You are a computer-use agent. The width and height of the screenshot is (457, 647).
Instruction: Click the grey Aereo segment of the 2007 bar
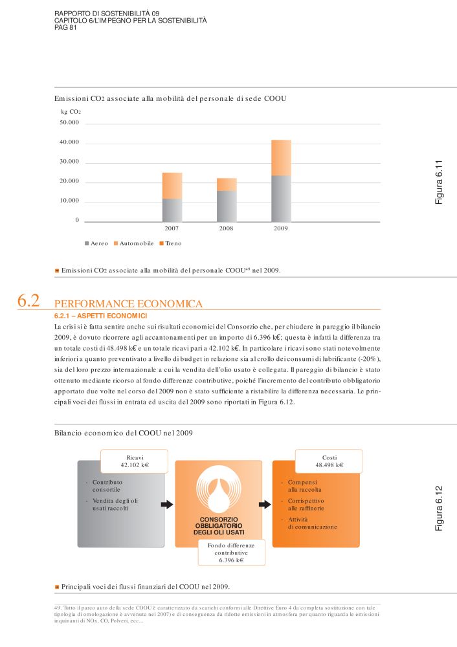coord(172,210)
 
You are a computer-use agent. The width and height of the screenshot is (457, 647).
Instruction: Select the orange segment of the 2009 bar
coord(281,158)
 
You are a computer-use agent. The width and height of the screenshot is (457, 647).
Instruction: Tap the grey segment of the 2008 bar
coord(226,206)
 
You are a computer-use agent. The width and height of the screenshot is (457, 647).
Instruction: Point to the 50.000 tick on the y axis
coord(69,122)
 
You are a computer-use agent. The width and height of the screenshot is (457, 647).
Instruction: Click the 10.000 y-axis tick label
coord(69,201)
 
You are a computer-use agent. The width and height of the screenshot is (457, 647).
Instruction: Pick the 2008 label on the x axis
coord(226,229)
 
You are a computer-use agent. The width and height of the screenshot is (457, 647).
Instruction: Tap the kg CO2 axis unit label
coord(71,111)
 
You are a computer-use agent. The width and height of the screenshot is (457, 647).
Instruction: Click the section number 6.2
coord(28,301)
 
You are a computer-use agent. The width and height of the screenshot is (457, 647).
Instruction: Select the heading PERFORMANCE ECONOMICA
coord(129,303)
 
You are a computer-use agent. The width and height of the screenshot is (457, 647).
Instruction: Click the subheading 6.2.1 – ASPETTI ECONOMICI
coord(101,316)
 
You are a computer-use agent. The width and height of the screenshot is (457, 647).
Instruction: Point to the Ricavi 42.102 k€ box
coord(135,461)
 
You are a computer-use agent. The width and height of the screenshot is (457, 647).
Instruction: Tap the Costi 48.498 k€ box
coord(329,461)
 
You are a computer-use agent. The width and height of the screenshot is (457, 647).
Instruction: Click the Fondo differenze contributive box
coord(231,553)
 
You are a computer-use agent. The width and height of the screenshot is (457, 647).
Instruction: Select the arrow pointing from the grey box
coord(167,504)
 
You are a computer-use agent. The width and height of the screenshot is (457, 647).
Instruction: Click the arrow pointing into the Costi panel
coord(265,504)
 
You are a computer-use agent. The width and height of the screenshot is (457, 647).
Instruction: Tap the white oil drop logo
coord(219,495)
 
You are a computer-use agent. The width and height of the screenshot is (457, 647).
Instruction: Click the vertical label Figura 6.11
coord(438,182)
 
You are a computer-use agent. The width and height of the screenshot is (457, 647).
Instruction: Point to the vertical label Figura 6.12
coord(438,509)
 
